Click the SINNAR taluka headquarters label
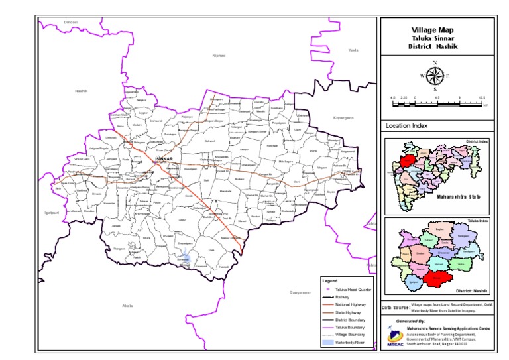click(164, 160)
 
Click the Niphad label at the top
click(219, 56)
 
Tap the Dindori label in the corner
click(71, 23)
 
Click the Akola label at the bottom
click(128, 305)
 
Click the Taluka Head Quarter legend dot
click(329, 290)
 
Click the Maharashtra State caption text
click(457, 197)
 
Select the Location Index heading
click(406, 125)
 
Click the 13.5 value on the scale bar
click(482, 97)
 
